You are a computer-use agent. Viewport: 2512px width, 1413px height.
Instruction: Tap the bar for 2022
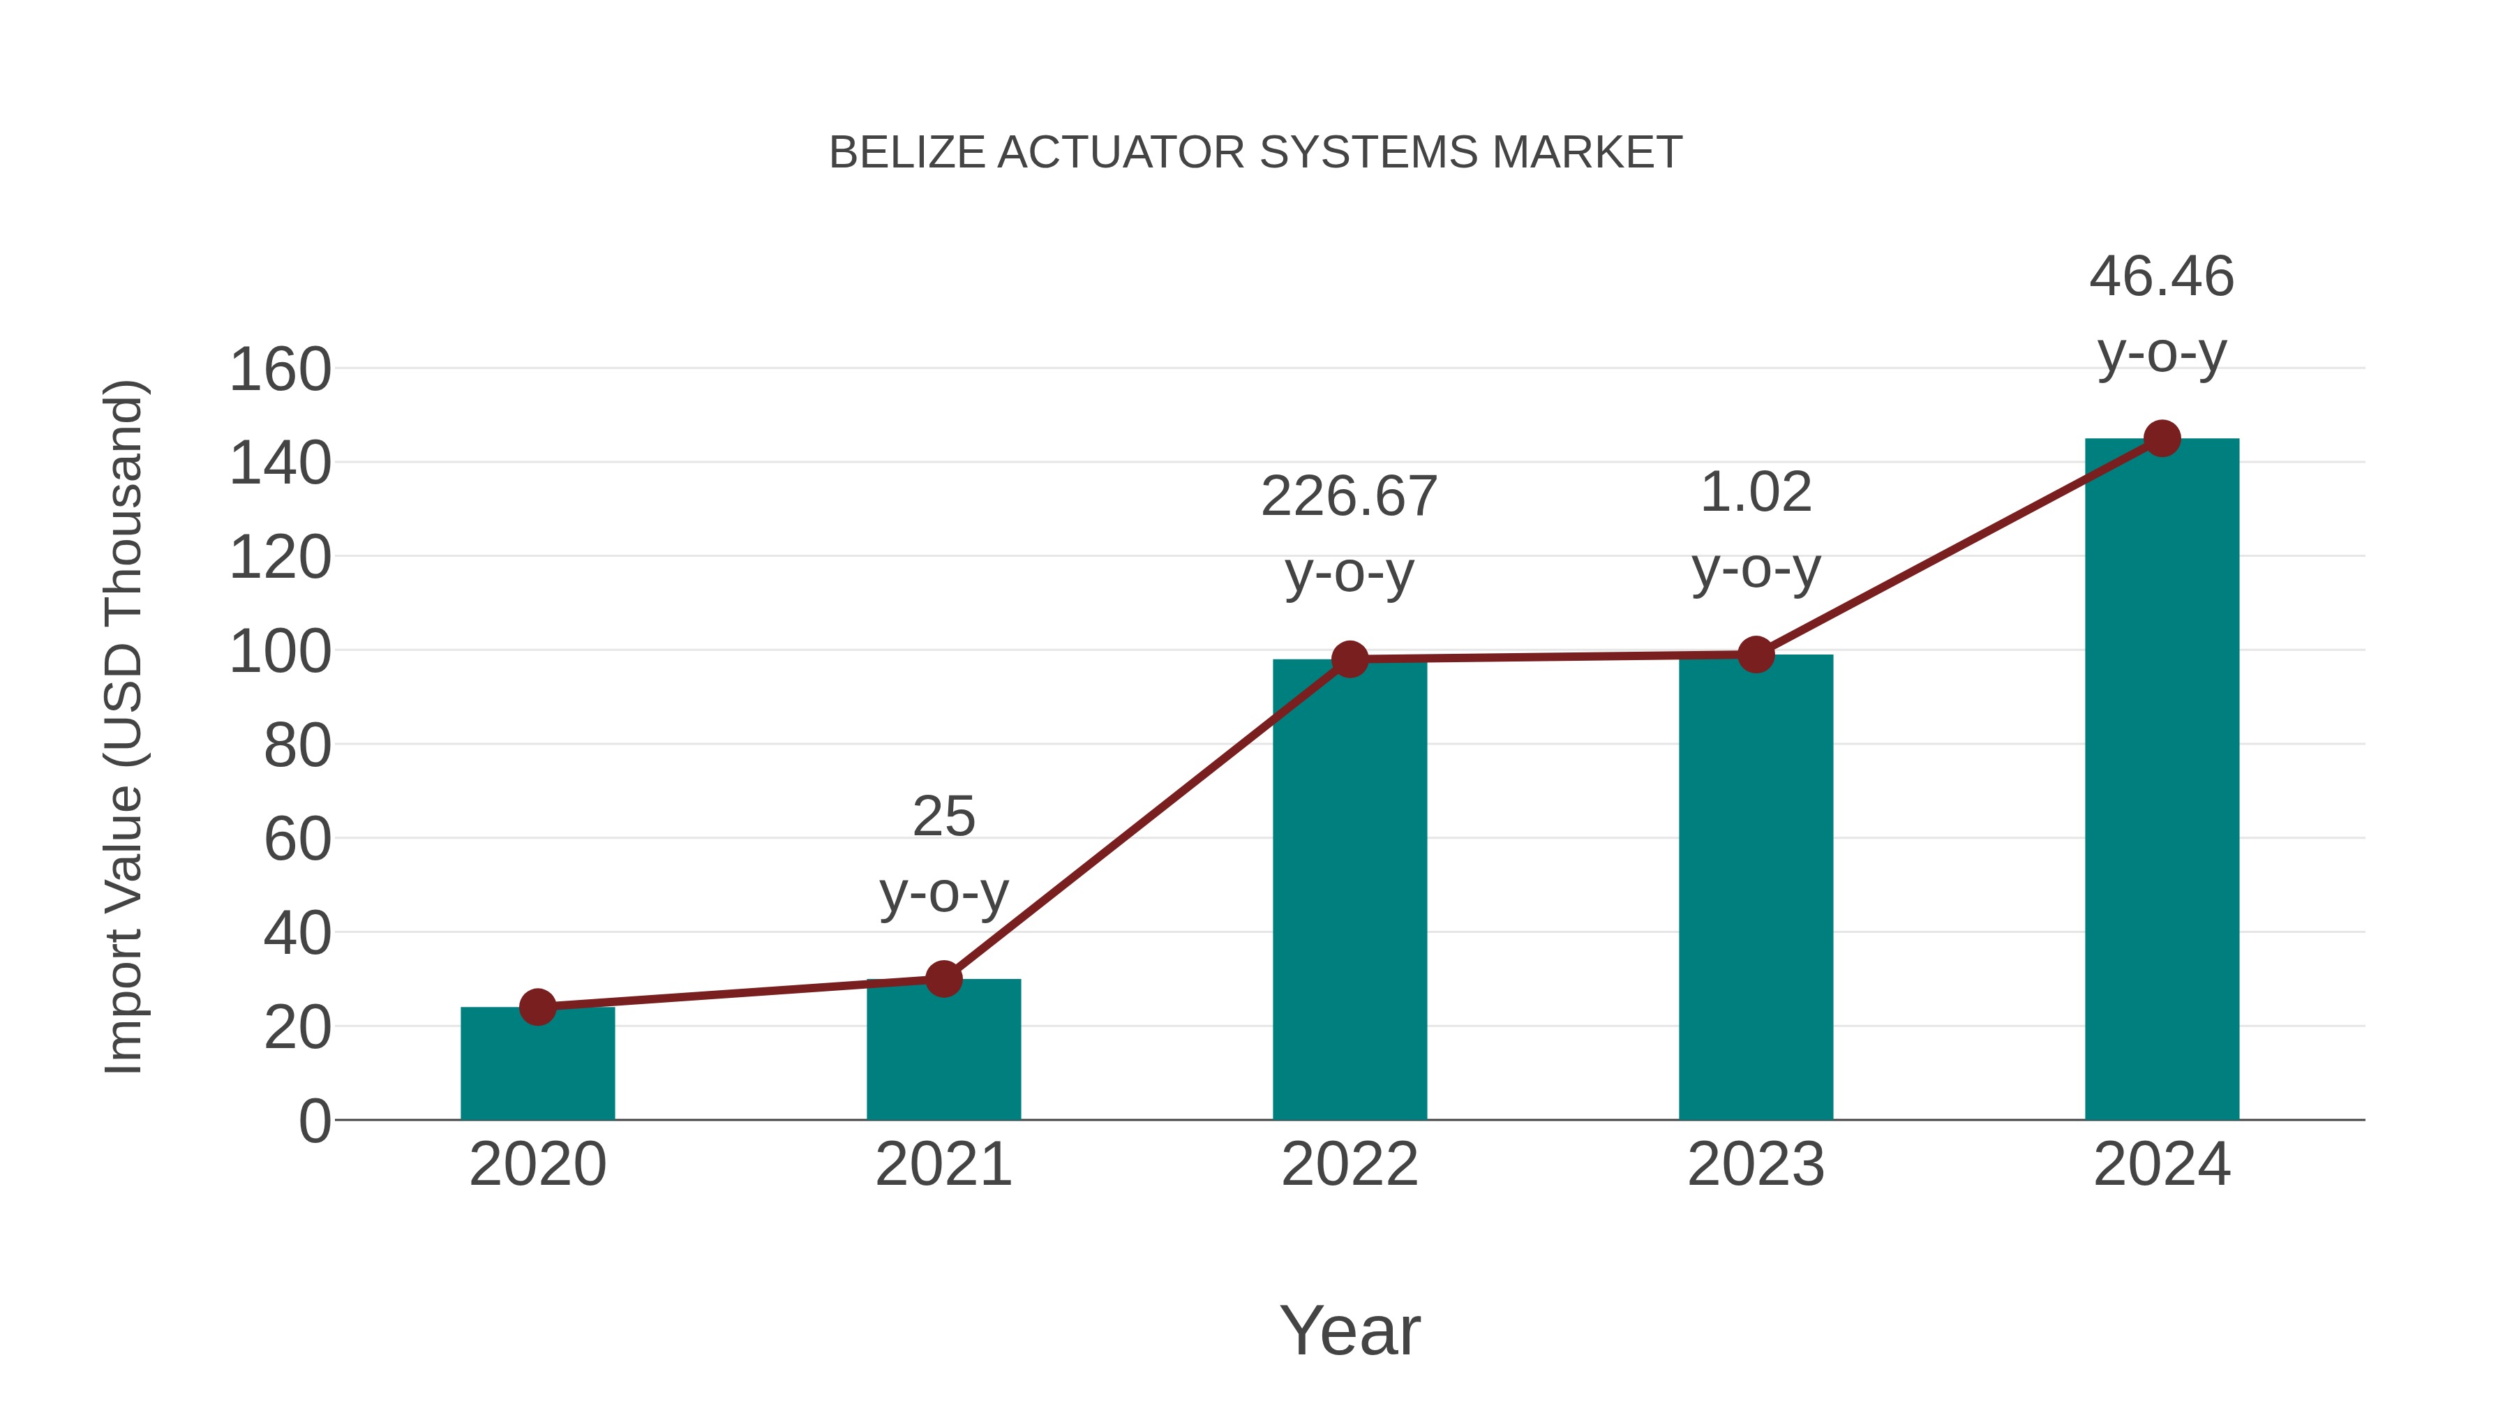(1350, 892)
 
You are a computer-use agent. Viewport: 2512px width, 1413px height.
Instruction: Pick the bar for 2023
(1756, 890)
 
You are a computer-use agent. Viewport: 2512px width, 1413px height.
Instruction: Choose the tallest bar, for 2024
(2162, 780)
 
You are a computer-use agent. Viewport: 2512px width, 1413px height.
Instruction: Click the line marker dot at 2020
(537, 1006)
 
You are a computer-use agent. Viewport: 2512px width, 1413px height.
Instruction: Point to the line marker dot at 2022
(1350, 659)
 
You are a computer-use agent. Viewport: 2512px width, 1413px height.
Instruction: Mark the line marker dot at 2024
(2162, 439)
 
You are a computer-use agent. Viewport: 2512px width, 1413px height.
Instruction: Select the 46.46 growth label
(2161, 277)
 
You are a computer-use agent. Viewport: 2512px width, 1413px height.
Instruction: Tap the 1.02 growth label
(1756, 493)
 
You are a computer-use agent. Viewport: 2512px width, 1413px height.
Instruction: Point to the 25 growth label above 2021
(943, 816)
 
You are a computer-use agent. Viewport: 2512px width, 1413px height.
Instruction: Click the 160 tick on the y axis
(280, 371)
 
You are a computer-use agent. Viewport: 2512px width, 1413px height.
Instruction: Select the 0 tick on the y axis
(315, 1121)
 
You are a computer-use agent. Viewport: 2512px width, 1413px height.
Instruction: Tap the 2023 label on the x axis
(1756, 1165)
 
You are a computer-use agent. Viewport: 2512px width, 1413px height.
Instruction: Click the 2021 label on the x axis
(943, 1165)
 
